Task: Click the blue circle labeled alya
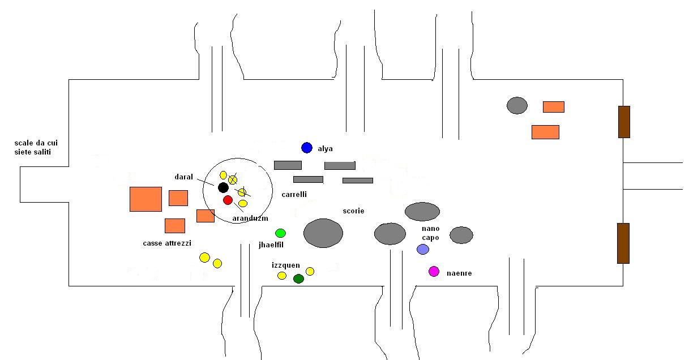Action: (x=307, y=148)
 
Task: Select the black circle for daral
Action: (x=223, y=187)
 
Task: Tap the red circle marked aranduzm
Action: (x=228, y=200)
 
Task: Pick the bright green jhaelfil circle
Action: (x=280, y=233)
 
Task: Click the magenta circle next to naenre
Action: (x=434, y=272)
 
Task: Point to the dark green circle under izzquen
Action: (x=298, y=279)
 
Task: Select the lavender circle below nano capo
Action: (x=422, y=249)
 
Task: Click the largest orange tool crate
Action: (x=146, y=199)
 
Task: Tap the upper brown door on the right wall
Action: (x=624, y=122)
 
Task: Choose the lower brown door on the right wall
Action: (x=623, y=243)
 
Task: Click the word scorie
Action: (x=353, y=211)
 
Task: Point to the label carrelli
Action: (x=294, y=194)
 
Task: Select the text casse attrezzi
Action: (x=167, y=243)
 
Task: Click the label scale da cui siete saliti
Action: (x=36, y=147)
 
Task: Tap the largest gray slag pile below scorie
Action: (x=323, y=233)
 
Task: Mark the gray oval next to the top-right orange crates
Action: (x=517, y=105)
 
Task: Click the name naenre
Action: (x=459, y=273)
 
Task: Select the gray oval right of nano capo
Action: (x=461, y=235)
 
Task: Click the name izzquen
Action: (x=286, y=265)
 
